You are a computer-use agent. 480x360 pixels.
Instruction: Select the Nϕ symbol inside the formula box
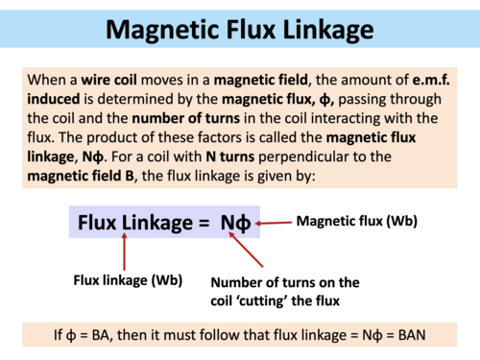[x=236, y=224]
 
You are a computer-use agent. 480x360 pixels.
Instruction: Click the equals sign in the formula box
[x=204, y=224]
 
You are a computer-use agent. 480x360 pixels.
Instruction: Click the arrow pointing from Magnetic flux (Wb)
[x=275, y=223]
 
